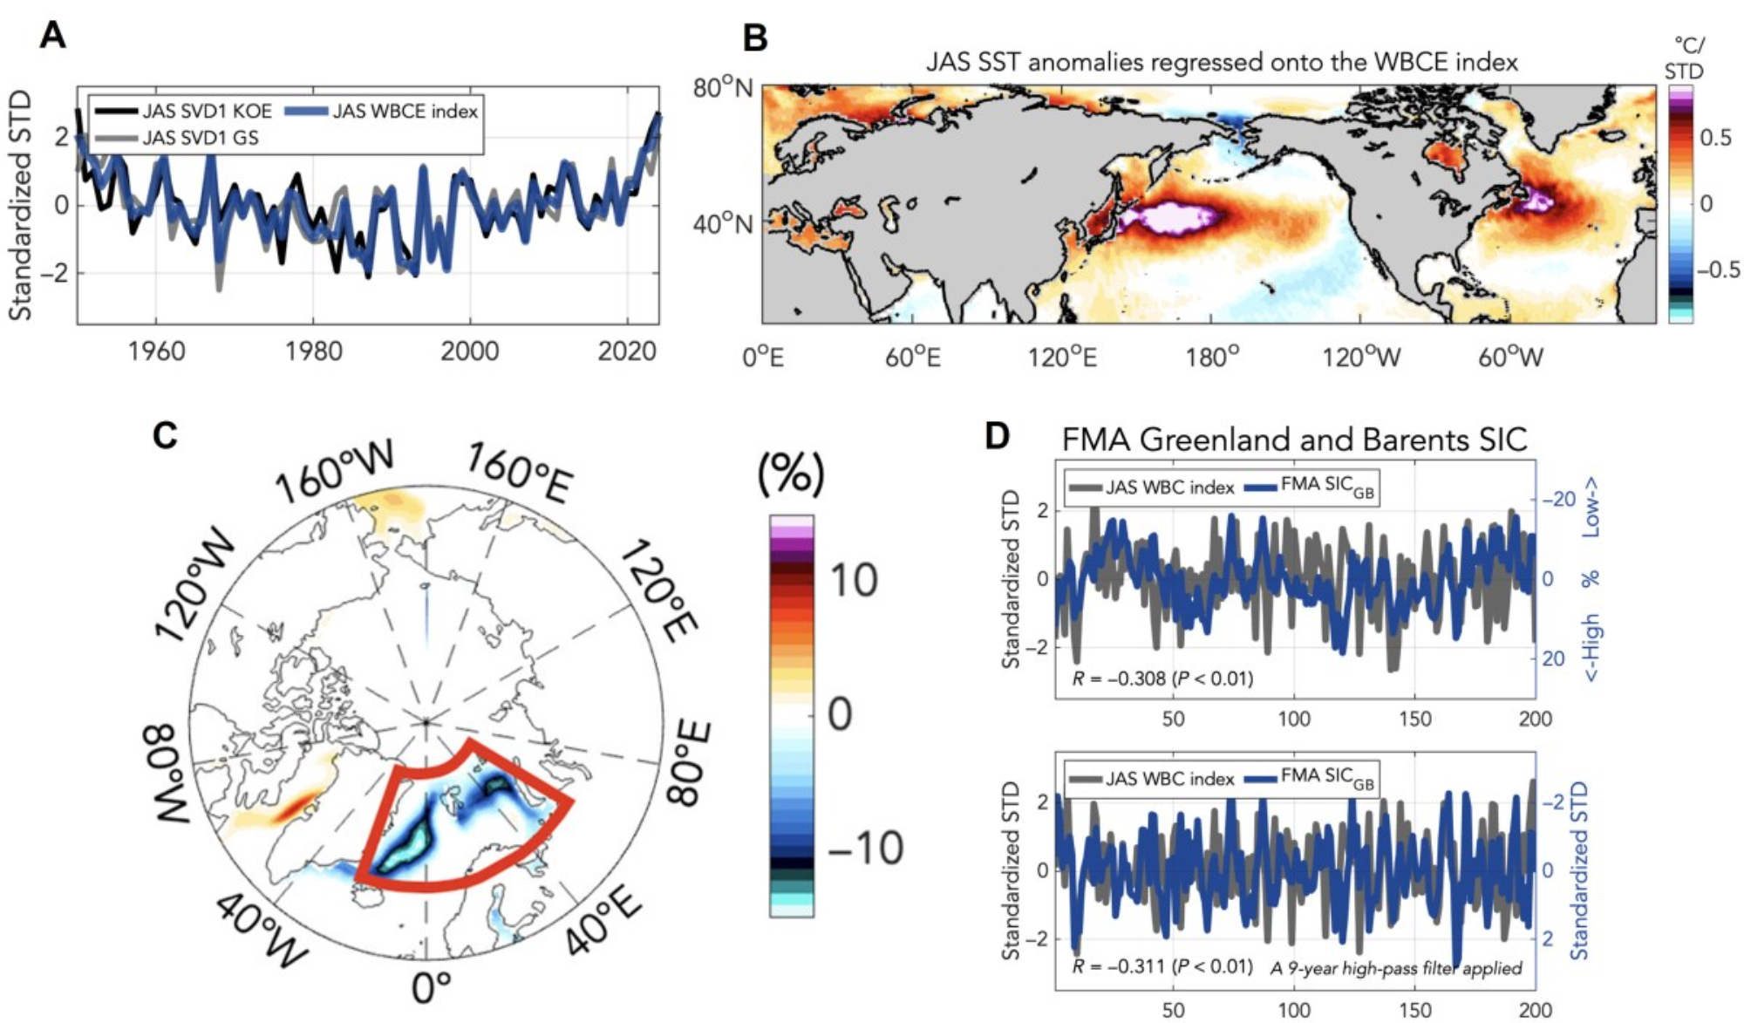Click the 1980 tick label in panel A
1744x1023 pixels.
pos(313,351)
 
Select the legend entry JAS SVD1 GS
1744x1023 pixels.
pos(200,138)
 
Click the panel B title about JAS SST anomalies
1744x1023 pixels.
pos(1221,62)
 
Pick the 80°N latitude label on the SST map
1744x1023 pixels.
pos(722,89)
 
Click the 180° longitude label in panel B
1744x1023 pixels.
pos(1212,357)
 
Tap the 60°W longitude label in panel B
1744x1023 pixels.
pos(1511,357)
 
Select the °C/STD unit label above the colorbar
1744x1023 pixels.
pos(1684,58)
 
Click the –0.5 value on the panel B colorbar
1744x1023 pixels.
pos(1717,269)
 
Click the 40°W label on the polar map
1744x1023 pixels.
pos(260,932)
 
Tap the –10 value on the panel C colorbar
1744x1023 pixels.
pos(864,847)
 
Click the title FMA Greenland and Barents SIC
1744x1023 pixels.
pos(1294,439)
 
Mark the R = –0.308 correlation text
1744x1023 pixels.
pos(1162,678)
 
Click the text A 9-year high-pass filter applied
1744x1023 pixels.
pos(1395,968)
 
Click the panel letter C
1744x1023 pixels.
pos(165,434)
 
